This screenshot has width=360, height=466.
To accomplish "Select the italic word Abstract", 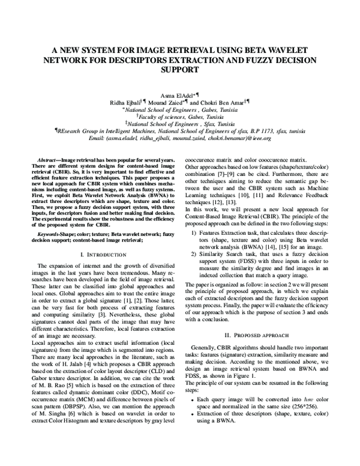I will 47,162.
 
